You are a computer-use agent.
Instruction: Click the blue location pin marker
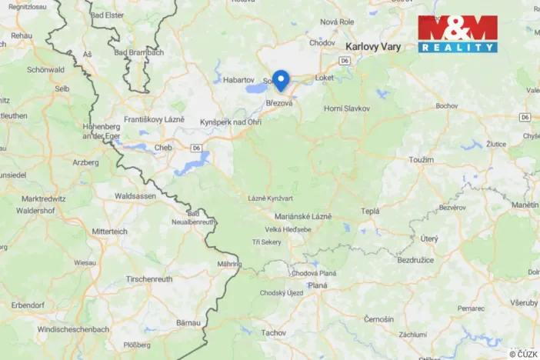(282, 79)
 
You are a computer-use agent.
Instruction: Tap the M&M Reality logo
(458, 34)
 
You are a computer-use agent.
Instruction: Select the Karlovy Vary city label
(373, 46)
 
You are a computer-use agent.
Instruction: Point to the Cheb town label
(164, 146)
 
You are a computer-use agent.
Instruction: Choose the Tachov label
(273, 332)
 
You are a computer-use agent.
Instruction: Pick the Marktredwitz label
(48, 198)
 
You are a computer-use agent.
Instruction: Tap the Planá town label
(318, 285)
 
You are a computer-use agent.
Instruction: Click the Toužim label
(422, 158)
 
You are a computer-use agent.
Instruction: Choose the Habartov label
(238, 79)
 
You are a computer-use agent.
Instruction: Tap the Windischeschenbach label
(73, 329)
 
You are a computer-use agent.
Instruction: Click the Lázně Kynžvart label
(270, 198)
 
